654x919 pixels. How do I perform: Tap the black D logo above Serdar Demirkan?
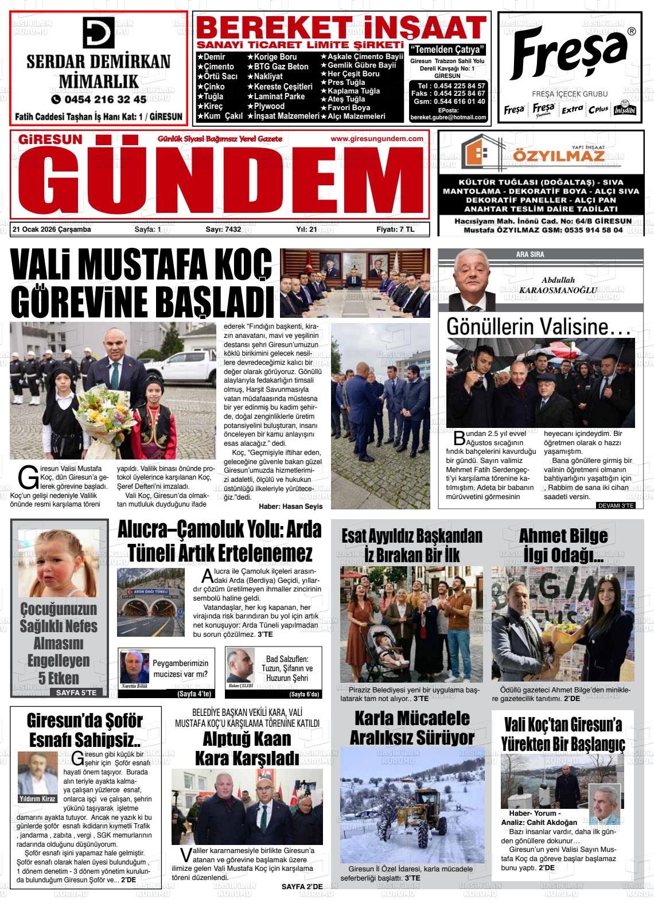99,33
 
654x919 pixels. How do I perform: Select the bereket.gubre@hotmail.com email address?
448,117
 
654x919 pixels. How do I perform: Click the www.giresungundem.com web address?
377,139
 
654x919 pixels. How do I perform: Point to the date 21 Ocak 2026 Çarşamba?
52,230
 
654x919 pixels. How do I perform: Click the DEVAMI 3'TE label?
616,505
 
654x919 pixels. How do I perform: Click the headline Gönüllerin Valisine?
539,326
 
